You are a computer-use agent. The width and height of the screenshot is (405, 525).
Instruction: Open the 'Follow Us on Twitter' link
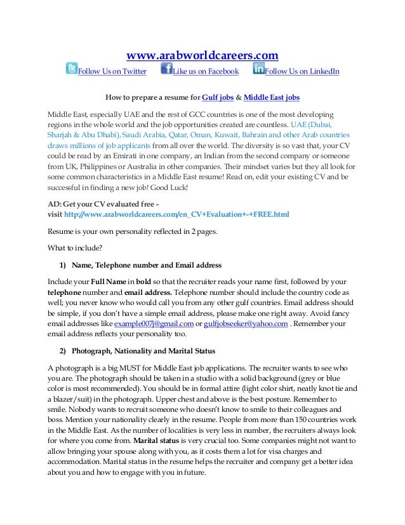click(x=112, y=71)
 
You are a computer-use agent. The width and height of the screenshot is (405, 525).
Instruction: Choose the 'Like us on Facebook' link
click(x=206, y=71)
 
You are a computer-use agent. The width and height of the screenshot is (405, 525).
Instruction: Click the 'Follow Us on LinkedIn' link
click(x=302, y=71)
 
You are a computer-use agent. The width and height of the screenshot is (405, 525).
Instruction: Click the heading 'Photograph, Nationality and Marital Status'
click(x=143, y=351)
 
